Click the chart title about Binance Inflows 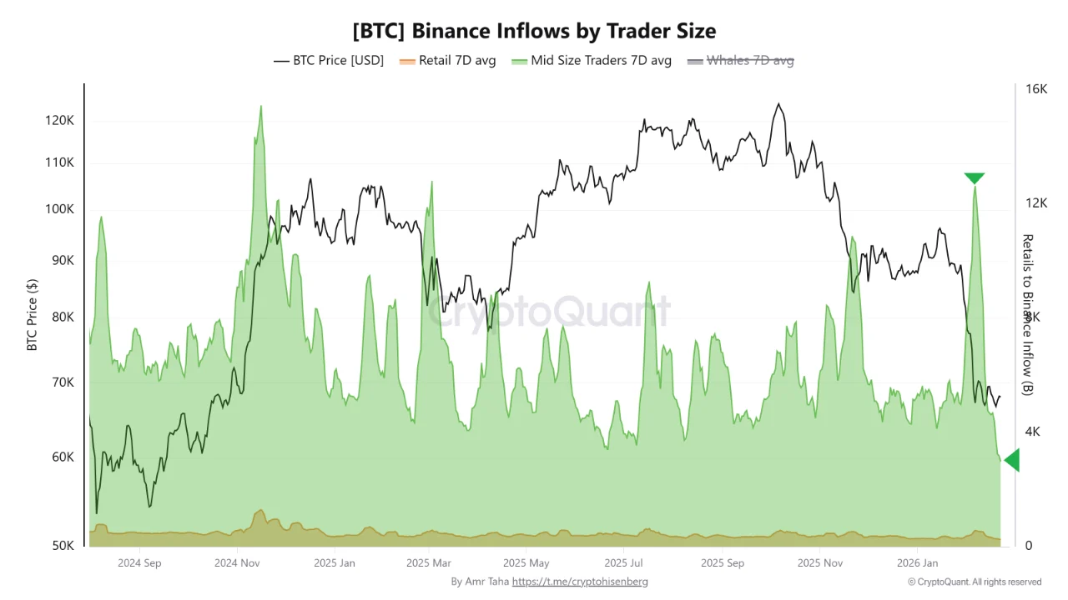pos(534,31)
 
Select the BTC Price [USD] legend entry pos(329,61)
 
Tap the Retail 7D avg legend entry pos(448,61)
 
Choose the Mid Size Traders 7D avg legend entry pos(592,61)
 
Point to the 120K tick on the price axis pos(60,121)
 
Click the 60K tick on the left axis pos(63,457)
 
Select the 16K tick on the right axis pos(1035,89)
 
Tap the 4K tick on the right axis pos(1033,432)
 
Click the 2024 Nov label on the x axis pos(238,562)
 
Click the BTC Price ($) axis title pos(33,315)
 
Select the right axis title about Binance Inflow pos(1027,315)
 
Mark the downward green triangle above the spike pos(974,178)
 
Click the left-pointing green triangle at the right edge pos(1012,460)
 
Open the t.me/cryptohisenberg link pos(580,582)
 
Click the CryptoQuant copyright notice pos(975,582)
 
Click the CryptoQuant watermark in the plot pos(549,312)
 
